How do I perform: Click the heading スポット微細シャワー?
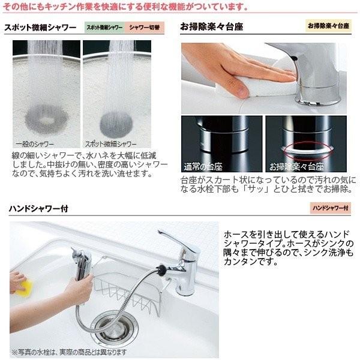point(40,28)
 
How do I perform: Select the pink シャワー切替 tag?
point(144,28)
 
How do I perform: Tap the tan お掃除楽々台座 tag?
point(328,28)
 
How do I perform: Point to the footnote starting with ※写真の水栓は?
point(69,351)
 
